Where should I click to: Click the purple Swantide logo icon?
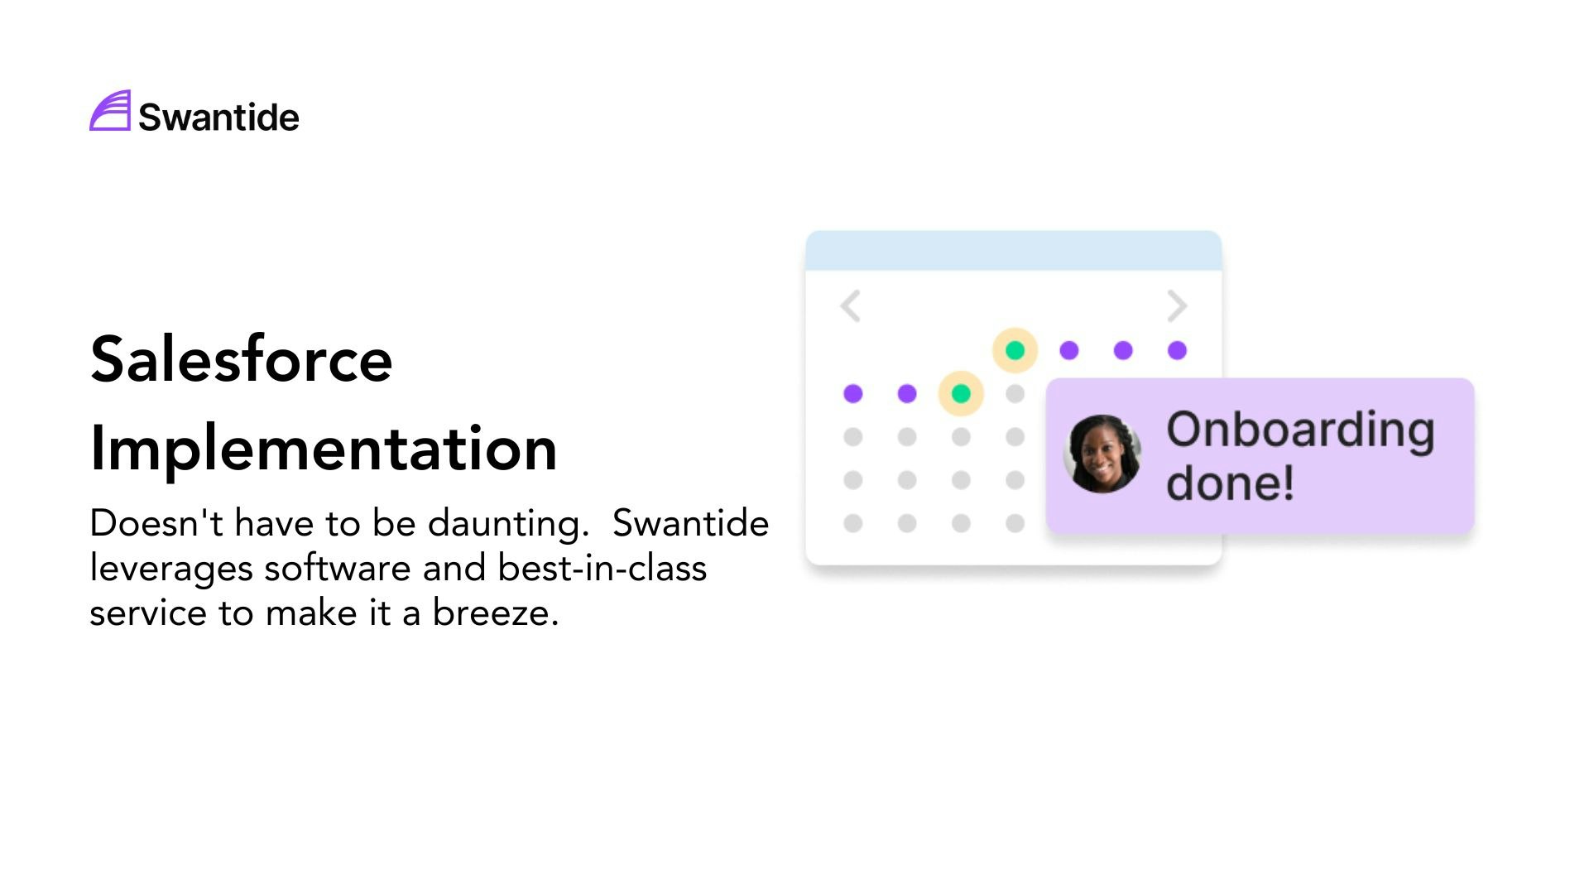click(110, 111)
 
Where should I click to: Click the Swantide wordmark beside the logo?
click(218, 118)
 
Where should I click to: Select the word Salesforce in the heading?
click(241, 359)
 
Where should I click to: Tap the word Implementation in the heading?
click(324, 449)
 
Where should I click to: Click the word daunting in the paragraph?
click(508, 523)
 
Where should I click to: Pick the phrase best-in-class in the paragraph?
click(602, 568)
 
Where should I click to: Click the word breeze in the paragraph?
click(495, 613)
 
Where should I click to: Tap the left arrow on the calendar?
click(850, 305)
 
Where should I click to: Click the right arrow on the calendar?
click(1177, 305)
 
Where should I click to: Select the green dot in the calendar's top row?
click(1015, 350)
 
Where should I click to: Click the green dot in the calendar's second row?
click(961, 393)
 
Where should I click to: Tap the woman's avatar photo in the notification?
click(1102, 454)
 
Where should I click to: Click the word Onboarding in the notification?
click(1300, 430)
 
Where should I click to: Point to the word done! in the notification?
click(1230, 483)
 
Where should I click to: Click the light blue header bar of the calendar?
click(1014, 251)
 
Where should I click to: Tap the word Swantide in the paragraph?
click(690, 523)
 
